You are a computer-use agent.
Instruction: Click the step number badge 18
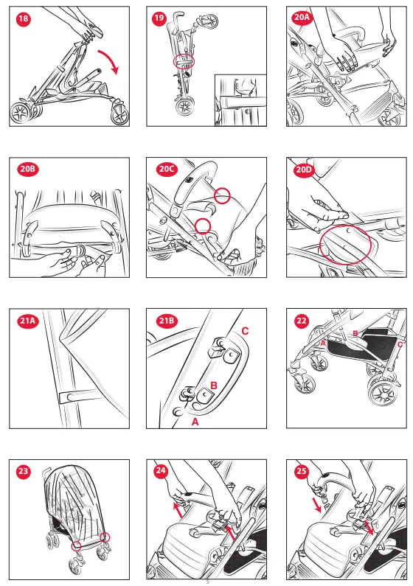click(x=23, y=18)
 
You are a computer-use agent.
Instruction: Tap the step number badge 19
click(x=159, y=18)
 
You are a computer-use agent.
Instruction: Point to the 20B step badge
click(x=28, y=169)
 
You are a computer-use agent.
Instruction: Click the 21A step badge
click(x=28, y=321)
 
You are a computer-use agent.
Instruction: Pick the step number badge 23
click(x=23, y=471)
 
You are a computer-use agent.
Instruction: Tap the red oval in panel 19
click(x=184, y=61)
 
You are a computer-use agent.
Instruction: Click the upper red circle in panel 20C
click(x=223, y=195)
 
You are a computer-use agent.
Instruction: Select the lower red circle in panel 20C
click(x=203, y=226)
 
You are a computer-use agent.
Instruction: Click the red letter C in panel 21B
click(x=245, y=331)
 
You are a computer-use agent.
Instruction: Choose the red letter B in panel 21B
click(x=214, y=386)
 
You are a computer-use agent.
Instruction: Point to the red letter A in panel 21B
click(x=195, y=422)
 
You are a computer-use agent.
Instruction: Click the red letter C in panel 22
click(x=400, y=344)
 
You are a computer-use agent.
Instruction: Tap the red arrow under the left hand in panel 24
click(x=178, y=510)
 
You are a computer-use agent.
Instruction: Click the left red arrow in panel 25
click(x=317, y=504)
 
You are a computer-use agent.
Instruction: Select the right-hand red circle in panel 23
click(x=105, y=537)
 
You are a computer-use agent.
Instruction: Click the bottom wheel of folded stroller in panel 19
click(x=185, y=106)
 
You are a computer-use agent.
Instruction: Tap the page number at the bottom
click(x=208, y=582)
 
